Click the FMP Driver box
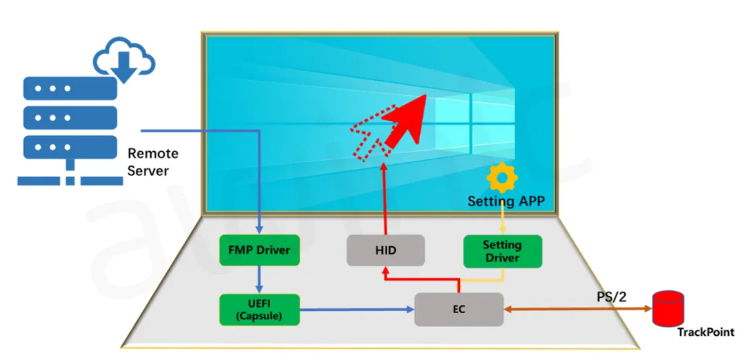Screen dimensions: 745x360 tap(259, 250)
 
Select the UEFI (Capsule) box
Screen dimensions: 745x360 tap(259, 310)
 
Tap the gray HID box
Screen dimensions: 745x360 tap(386, 250)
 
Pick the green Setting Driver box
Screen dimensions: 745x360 tap(502, 251)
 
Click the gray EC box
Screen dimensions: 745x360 tap(459, 310)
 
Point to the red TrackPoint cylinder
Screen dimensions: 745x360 tap(668, 309)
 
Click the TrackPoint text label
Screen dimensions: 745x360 tap(705, 332)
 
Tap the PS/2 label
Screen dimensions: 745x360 tap(611, 297)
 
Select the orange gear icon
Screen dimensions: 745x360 tap(501, 178)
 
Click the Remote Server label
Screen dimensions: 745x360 tap(153, 162)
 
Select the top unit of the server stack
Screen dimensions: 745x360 tap(70, 88)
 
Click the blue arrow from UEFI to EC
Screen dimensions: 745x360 tap(357, 310)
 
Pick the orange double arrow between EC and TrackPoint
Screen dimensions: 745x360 tap(578, 309)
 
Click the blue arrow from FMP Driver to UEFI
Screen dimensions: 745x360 tap(259, 279)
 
